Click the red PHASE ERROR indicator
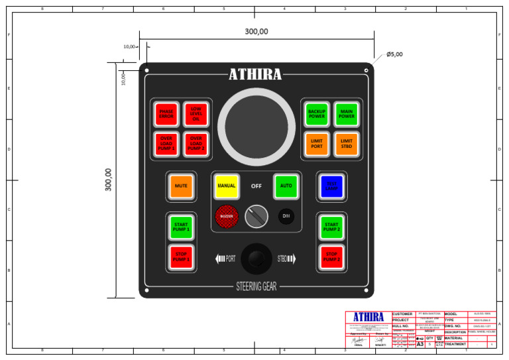[x=166, y=114]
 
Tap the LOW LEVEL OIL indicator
[x=196, y=114]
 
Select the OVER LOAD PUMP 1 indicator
[x=166, y=143]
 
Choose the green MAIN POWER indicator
[x=346, y=114]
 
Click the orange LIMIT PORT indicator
[x=317, y=143]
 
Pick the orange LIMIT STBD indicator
[x=346, y=143]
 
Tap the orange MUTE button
[x=181, y=186]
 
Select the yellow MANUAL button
[x=227, y=186]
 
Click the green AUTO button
[x=286, y=186]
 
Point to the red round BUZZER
[x=227, y=216]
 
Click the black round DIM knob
[x=286, y=216]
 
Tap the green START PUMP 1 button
[x=181, y=227]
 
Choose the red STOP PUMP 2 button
[x=331, y=257]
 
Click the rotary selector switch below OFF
[x=256, y=216]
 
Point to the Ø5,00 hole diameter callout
[x=394, y=54]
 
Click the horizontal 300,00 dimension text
[x=256, y=31]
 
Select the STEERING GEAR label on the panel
[x=256, y=287]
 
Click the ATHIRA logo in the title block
[x=368, y=318]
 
